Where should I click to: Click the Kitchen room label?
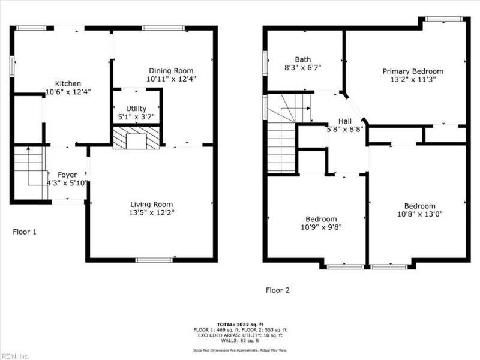click(x=68, y=83)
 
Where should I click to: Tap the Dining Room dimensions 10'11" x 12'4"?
click(x=172, y=79)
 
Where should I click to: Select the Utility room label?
click(x=136, y=108)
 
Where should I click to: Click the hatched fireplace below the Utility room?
click(x=137, y=138)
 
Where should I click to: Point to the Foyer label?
click(x=67, y=175)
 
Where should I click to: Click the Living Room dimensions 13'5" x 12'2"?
click(x=152, y=212)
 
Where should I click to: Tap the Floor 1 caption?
click(x=25, y=231)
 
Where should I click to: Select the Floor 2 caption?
click(x=278, y=290)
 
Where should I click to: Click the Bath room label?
click(x=302, y=59)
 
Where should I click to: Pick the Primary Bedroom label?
click(x=413, y=71)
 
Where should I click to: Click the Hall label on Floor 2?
click(x=345, y=120)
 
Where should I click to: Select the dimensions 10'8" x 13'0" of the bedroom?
click(x=419, y=214)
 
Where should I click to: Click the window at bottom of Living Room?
click(x=154, y=260)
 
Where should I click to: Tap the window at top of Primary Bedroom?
click(x=444, y=19)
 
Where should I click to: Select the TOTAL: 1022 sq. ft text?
click(x=239, y=323)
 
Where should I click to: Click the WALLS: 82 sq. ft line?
click(x=239, y=340)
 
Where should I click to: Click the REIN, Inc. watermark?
click(x=15, y=356)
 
